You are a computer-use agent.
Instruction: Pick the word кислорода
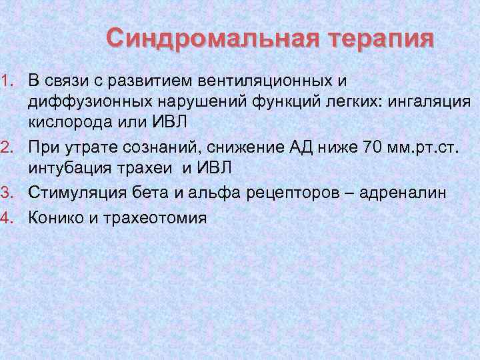click(63, 124)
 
